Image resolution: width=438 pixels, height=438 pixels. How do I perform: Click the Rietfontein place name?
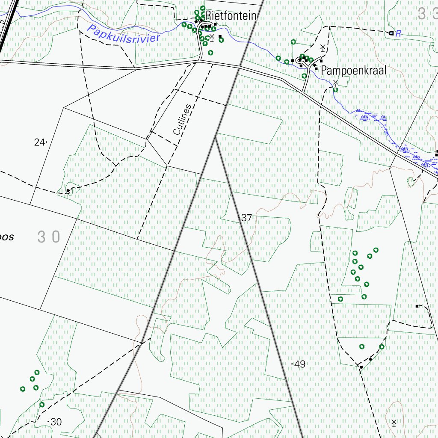tap(231, 16)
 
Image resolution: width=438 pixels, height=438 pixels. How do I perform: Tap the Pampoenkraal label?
tap(354, 70)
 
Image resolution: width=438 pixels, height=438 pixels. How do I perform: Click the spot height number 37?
tap(247, 218)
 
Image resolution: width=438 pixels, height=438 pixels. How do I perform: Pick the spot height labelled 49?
tap(300, 364)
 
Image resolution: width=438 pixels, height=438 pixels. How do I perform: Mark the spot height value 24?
tap(39, 142)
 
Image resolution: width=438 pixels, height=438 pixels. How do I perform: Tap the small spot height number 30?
tap(56, 422)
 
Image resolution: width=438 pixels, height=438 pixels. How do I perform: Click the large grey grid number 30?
tap(49, 237)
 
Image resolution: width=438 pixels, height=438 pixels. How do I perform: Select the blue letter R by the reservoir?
tap(398, 34)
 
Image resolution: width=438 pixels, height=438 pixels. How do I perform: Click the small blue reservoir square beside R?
tap(391, 33)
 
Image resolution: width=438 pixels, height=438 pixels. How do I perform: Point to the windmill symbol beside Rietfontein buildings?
tap(212, 38)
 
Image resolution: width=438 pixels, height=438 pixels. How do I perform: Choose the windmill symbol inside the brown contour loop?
tap(394, 423)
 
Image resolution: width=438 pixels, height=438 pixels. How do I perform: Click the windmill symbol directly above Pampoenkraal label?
tap(323, 47)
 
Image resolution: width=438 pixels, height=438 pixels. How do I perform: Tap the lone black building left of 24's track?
tap(68, 191)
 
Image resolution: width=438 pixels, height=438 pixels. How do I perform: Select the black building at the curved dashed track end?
tap(417, 306)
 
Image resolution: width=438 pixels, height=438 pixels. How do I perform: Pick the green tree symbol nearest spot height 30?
tap(42, 404)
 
